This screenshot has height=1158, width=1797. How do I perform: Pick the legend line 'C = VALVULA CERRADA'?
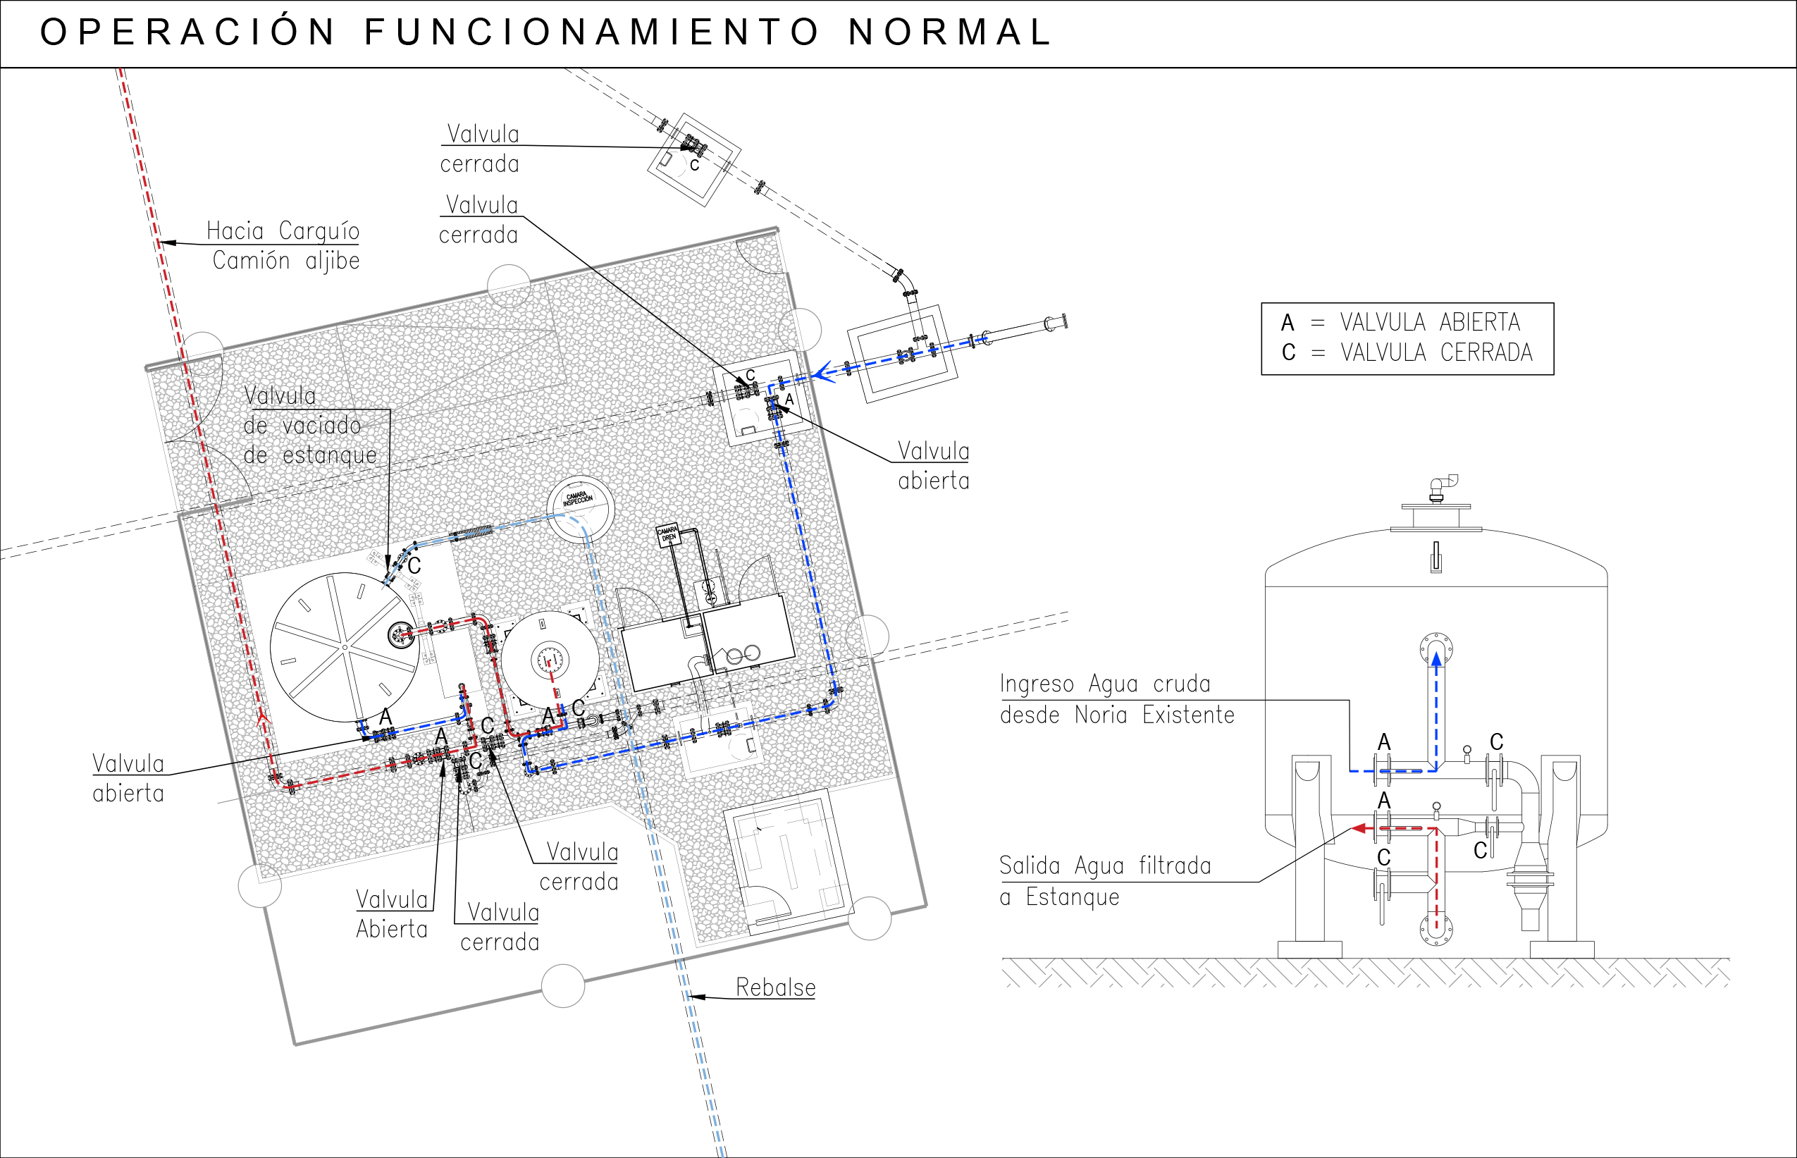tap(1406, 352)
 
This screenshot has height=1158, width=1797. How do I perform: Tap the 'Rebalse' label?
tap(775, 987)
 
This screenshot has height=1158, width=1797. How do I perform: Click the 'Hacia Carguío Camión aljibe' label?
tap(283, 245)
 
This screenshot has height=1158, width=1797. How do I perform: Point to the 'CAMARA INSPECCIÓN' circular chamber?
tap(580, 507)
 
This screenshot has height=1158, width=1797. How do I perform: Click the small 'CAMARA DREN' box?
tap(667, 535)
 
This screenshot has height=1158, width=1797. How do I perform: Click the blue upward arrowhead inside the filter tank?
tap(1436, 660)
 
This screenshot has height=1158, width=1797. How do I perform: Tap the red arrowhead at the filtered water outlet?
tap(1359, 829)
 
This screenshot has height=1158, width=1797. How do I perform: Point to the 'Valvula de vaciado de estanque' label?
tap(309, 426)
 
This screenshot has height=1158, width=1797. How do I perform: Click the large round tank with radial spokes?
tap(345, 647)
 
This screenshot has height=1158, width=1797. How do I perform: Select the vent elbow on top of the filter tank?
tap(1443, 486)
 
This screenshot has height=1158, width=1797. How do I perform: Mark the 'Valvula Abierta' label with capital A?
tap(391, 913)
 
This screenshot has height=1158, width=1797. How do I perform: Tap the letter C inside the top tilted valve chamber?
tap(695, 166)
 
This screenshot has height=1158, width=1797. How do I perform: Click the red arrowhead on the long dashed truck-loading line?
tap(263, 720)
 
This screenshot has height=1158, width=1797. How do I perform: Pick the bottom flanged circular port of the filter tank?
tap(1435, 930)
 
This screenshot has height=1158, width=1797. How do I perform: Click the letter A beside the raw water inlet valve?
tap(1383, 742)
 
